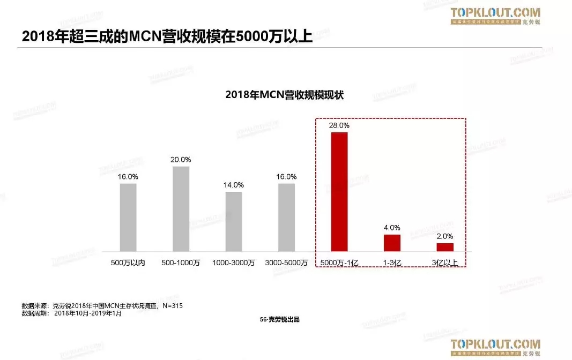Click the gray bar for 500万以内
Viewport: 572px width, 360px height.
128,217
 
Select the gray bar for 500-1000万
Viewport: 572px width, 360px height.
181,208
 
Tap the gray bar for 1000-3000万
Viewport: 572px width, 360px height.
233,221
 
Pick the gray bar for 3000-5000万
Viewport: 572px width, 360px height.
286,217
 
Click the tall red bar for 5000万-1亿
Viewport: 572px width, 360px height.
339,191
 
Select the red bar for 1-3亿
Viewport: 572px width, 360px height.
392,243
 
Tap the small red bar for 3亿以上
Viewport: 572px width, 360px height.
445,247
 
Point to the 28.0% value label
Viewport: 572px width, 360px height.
339,125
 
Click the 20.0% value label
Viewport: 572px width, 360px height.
181,160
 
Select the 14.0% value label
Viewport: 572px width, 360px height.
233,185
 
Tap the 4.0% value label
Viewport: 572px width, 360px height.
392,228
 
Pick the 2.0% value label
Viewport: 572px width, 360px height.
445,236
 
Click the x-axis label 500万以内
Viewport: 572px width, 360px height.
128,263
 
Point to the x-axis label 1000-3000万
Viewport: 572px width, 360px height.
233,263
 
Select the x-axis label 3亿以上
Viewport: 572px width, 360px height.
445,263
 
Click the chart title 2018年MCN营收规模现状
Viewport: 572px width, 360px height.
284,95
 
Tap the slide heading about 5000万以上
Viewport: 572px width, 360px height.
167,36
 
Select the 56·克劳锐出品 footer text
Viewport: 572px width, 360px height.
279,319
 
